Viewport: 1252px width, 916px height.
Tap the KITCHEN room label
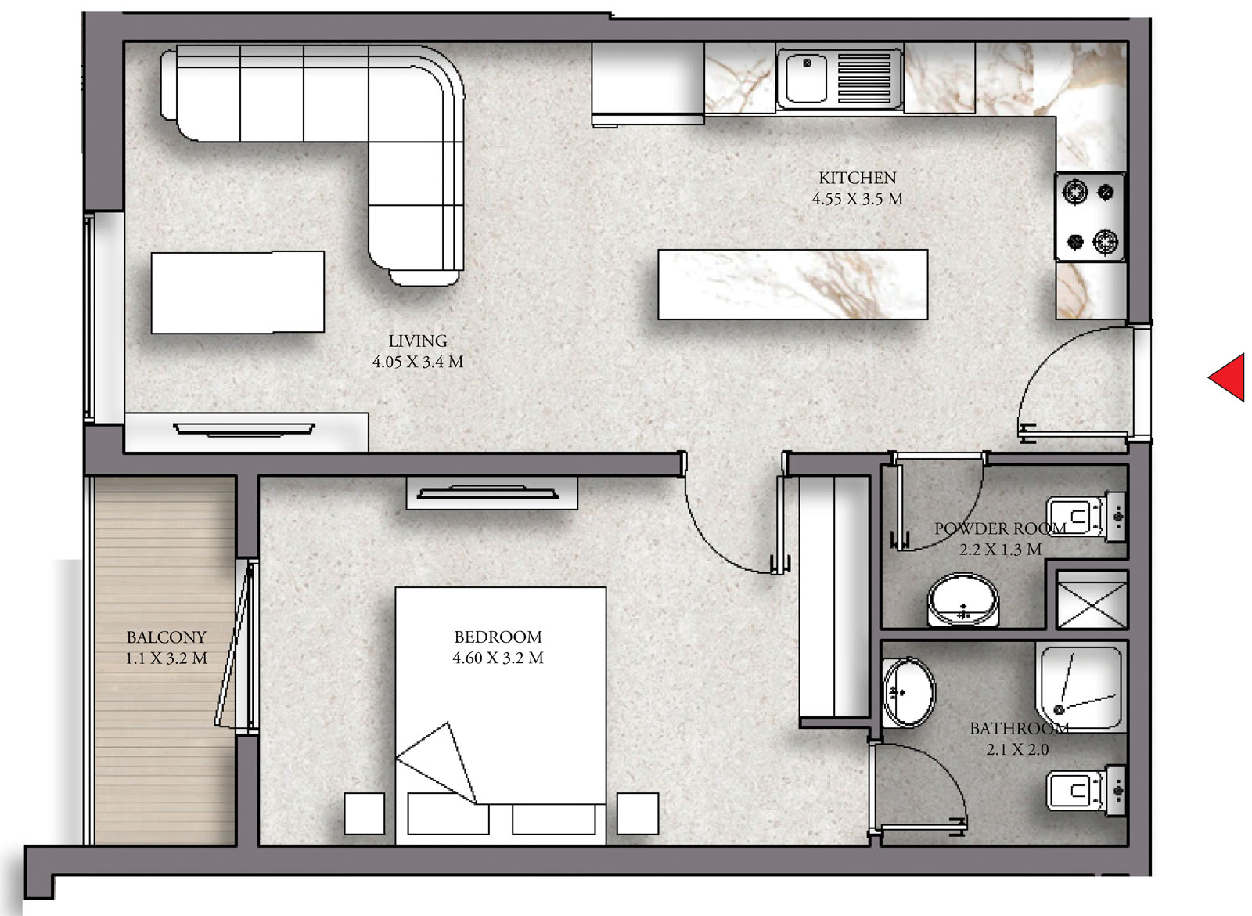(858, 178)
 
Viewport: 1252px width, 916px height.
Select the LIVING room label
(418, 341)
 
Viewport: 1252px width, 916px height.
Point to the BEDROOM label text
(498, 637)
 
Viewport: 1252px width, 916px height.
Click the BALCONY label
(166, 637)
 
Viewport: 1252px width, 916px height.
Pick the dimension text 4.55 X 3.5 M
(858, 199)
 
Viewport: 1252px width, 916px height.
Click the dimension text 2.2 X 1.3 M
(1001, 550)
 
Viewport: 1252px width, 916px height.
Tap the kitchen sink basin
(805, 79)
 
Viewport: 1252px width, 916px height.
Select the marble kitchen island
(793, 285)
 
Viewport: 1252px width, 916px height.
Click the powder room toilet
(1086, 517)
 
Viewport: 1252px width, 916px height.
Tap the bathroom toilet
(1086, 791)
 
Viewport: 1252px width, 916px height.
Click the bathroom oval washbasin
(908, 692)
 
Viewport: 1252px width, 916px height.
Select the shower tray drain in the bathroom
(1059, 709)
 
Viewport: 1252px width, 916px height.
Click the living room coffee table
(238, 292)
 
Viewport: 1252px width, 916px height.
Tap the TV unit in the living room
(246, 432)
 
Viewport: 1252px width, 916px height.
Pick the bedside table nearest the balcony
(365, 813)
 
